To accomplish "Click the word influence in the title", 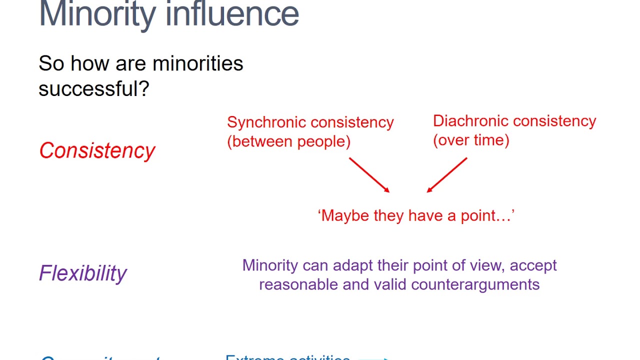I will [232, 14].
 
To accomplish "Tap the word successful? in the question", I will [94, 89].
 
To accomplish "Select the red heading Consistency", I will [97, 150].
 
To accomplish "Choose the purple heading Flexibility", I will [83, 273].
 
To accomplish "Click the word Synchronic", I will [265, 122].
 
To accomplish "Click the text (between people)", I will [288, 141].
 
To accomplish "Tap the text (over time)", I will [471, 140].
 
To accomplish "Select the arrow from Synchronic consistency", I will [369, 175].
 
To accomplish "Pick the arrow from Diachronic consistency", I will [447, 175].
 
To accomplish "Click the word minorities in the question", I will [197, 64].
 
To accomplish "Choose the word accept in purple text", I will [533, 265].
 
